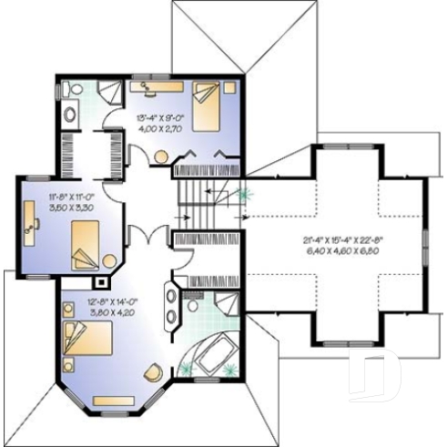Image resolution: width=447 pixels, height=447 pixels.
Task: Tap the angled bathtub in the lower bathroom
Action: (213, 350)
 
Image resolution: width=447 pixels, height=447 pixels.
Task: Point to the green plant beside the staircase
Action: (243, 193)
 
